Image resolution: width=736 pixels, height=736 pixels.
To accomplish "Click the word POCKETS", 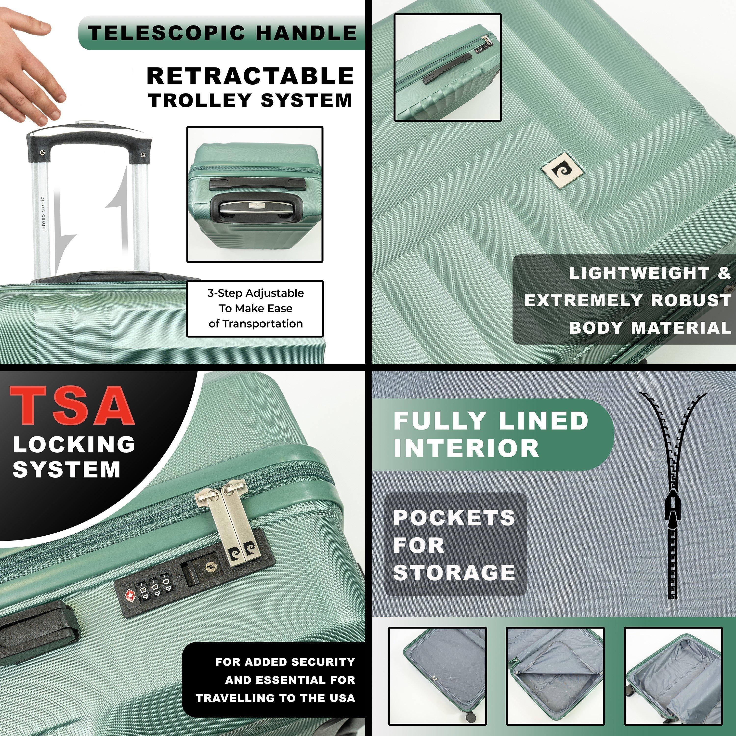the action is (x=454, y=517).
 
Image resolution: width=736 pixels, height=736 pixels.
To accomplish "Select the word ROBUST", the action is (x=691, y=301).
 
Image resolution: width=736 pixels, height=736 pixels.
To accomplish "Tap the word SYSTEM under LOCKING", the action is (x=67, y=469).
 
